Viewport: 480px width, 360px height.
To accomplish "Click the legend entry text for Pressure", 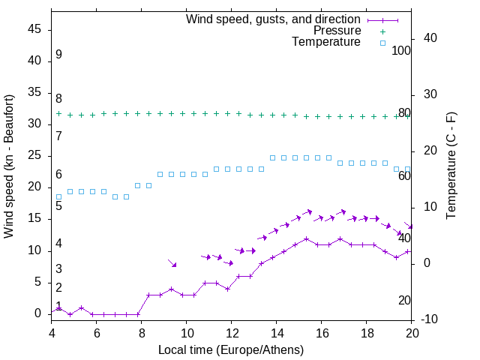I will coord(337,31).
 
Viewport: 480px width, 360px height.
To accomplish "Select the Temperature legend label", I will coord(326,43).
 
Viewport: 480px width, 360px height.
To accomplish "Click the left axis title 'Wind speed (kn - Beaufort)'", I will coord(9,166).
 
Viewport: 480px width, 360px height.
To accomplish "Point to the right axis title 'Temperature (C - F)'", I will coord(451,166).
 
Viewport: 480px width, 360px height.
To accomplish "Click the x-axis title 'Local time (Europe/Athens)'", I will coord(232,349).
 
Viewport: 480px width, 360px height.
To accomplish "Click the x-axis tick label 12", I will coord(232,333).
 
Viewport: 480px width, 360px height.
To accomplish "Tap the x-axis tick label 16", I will coord(322,333).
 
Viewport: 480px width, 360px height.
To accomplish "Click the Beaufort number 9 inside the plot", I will coord(58,55).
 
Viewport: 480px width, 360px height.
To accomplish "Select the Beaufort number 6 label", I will coord(58,175).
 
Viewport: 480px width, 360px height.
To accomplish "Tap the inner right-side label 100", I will coord(401,51).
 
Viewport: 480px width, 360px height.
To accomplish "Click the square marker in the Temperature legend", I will coord(382,43).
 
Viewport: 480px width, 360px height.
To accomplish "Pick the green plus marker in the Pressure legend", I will coord(382,31).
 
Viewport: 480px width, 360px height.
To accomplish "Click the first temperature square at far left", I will coord(58,197).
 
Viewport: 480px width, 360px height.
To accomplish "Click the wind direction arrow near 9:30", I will coord(172,263).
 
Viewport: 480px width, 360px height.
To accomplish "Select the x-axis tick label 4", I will coord(52,333).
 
